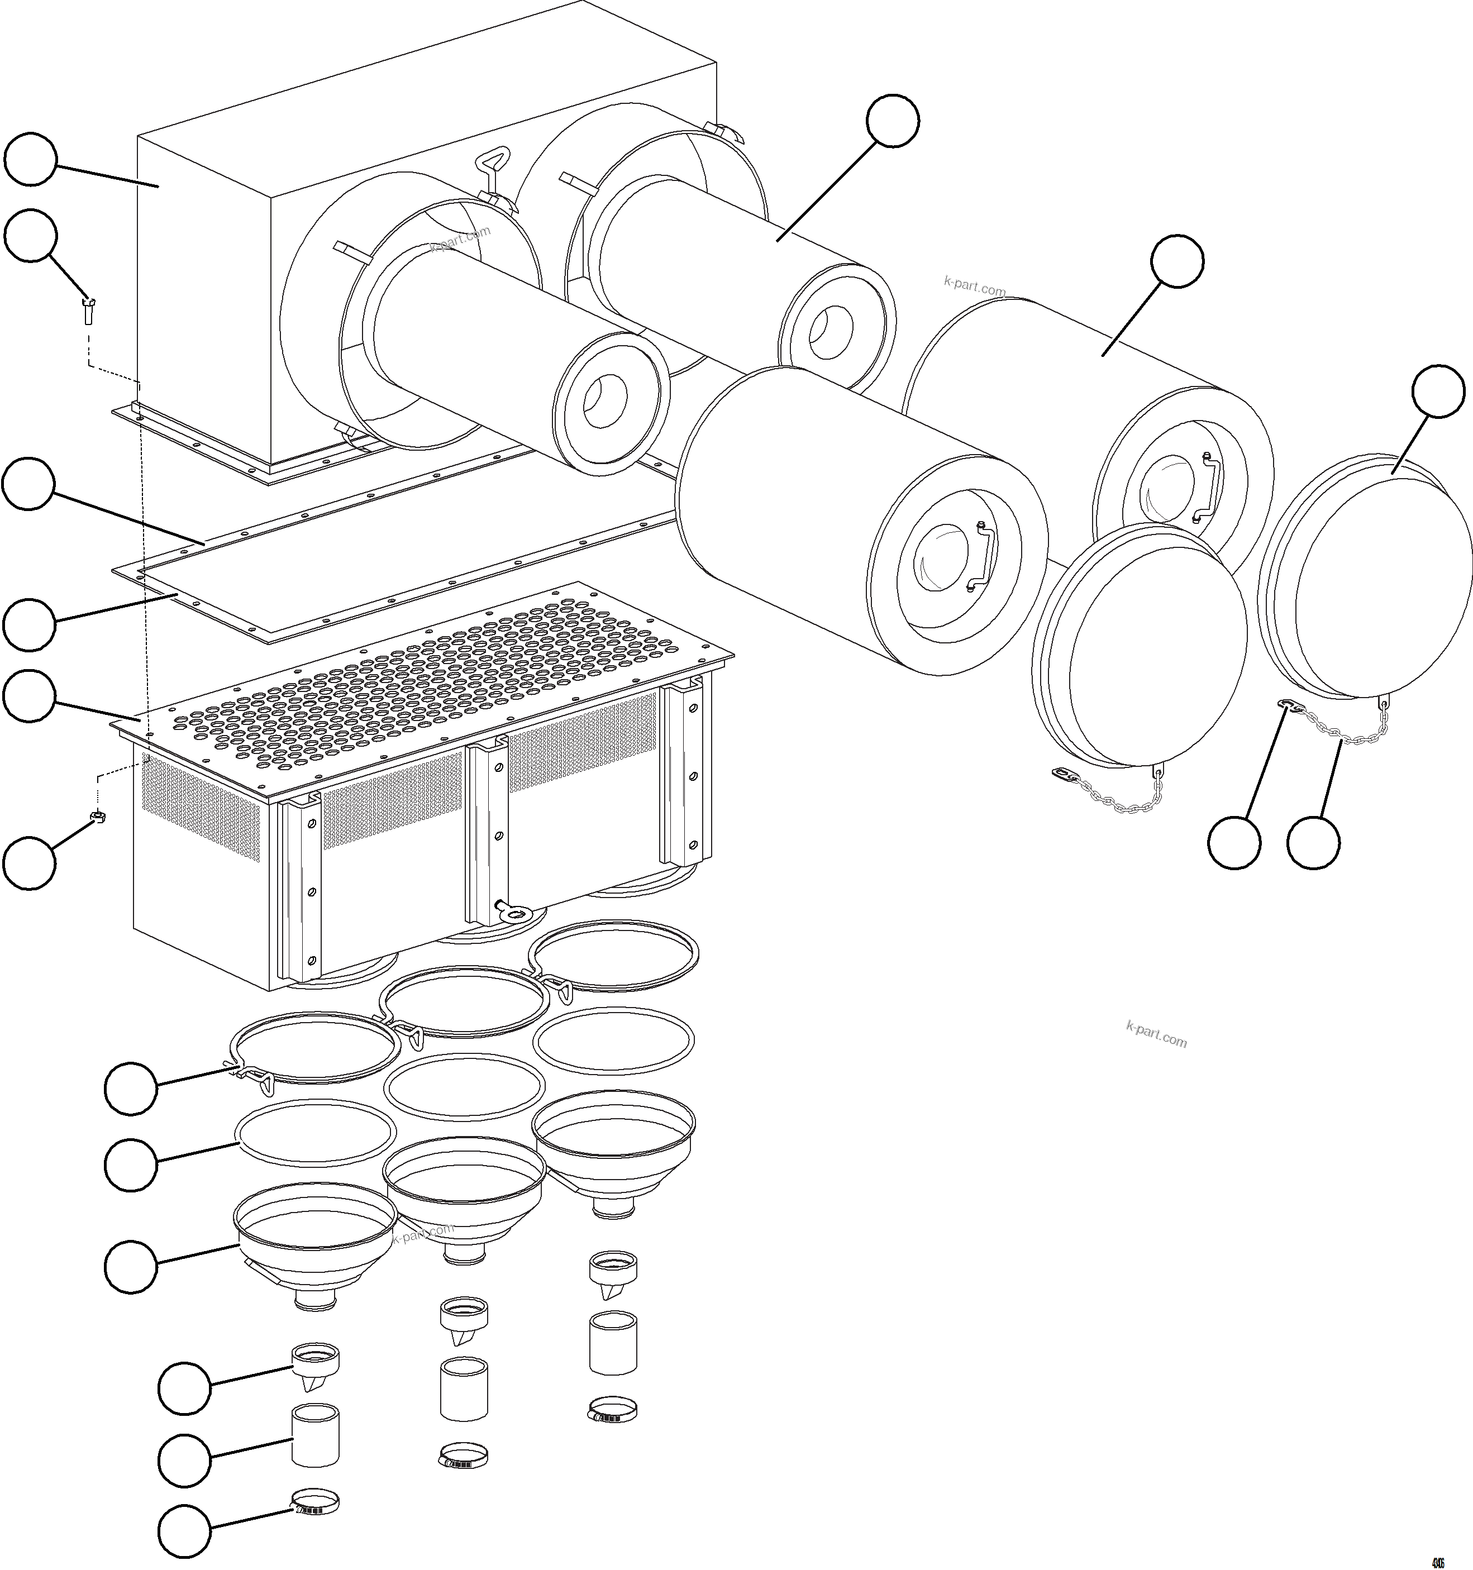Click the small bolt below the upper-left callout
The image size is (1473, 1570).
point(88,311)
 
